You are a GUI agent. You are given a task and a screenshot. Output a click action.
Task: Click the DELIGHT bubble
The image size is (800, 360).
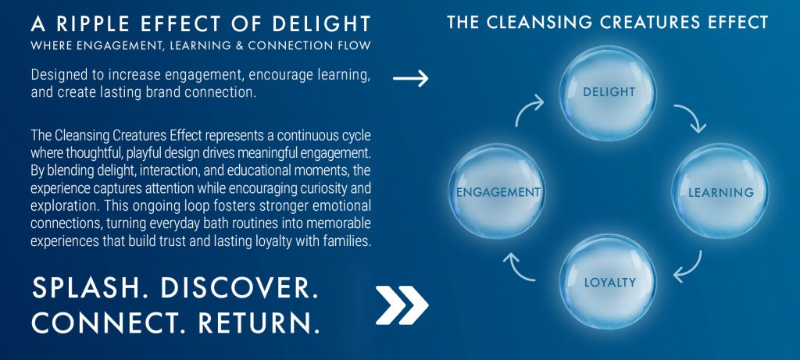click(609, 92)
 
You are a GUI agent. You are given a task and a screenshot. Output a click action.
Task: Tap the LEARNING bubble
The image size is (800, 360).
click(720, 191)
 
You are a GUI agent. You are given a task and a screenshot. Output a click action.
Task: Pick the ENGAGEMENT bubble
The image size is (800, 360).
click(498, 191)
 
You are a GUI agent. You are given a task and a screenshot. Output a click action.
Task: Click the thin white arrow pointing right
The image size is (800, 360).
click(410, 79)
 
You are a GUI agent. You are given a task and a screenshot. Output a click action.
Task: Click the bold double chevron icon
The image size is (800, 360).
click(402, 305)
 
